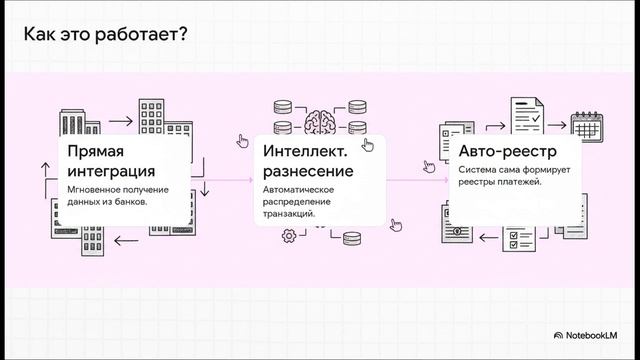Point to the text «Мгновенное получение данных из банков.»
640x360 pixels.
(118, 195)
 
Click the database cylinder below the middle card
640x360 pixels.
(351, 237)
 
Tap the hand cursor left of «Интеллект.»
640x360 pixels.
(242, 141)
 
